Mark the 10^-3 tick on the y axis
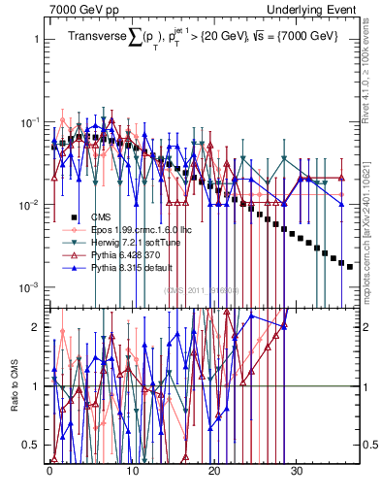point(28,288)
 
